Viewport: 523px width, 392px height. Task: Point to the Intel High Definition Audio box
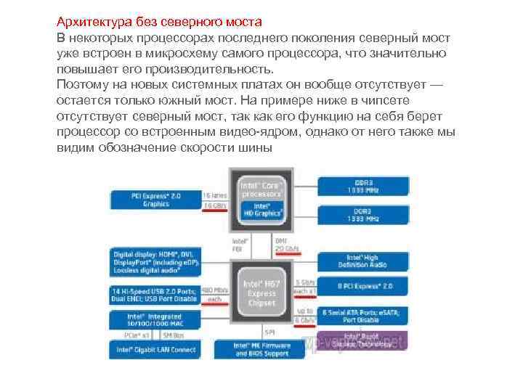click(x=362, y=262)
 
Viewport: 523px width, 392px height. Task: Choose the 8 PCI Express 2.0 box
click(x=362, y=286)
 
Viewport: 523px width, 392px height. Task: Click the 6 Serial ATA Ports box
click(x=362, y=315)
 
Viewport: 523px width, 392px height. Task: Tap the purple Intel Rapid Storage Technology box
click(x=362, y=340)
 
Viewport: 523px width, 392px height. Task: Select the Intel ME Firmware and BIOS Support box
click(x=261, y=349)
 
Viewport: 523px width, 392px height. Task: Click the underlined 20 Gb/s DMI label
click(x=285, y=248)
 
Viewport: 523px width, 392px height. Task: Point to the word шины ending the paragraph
click(x=254, y=148)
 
